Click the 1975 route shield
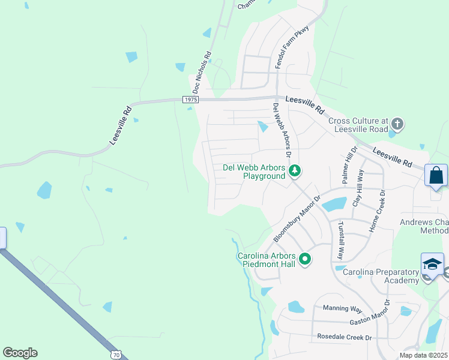click(190, 100)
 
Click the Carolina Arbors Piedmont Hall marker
click(306, 259)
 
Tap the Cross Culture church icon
click(397, 125)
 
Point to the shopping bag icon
click(436, 176)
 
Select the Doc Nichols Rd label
click(202, 73)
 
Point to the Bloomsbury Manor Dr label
click(298, 217)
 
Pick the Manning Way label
click(343, 308)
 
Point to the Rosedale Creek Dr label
click(345, 337)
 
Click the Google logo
click(20, 353)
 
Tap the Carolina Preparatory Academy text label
click(381, 276)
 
